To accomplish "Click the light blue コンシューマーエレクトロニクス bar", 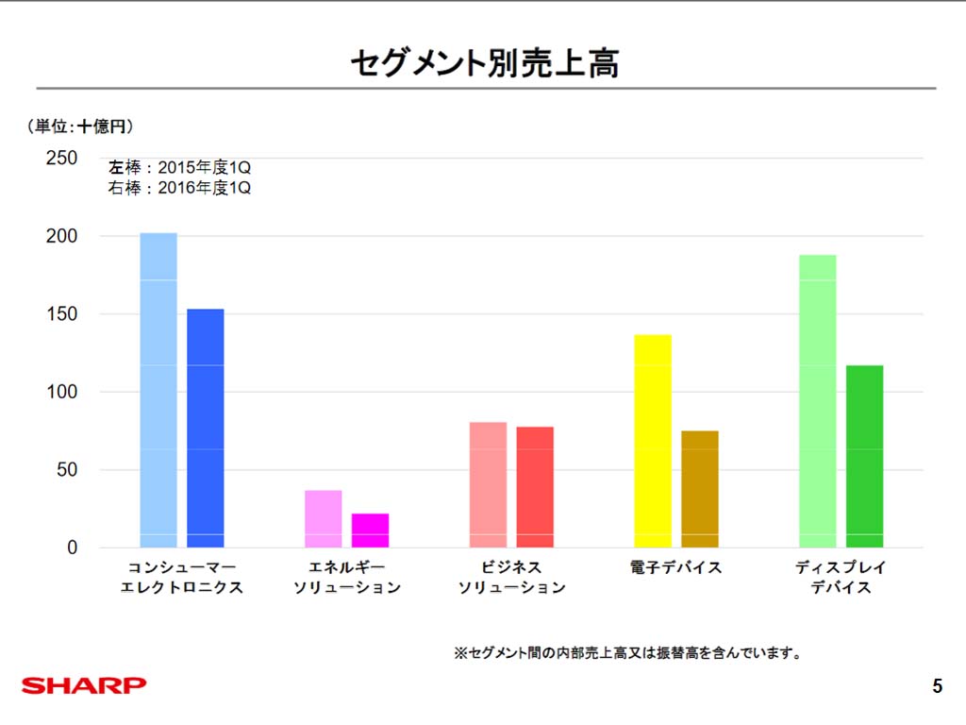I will click(158, 390).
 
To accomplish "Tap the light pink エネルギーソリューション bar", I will click(324, 518).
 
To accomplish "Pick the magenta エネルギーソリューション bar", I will click(370, 531).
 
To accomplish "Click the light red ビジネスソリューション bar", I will click(488, 484).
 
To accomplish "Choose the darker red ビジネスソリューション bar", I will click(535, 487).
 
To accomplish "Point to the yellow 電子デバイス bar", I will click(653, 441).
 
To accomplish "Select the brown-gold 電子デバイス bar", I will click(700, 489).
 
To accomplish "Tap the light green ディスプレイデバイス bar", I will click(817, 401).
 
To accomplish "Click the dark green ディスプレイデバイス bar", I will click(864, 456).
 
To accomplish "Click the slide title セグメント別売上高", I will click(484, 63).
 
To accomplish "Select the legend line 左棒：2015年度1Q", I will click(179, 167).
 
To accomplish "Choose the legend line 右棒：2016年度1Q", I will click(179, 188).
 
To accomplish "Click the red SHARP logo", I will click(84, 684).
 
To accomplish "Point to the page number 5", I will click(937, 686).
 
